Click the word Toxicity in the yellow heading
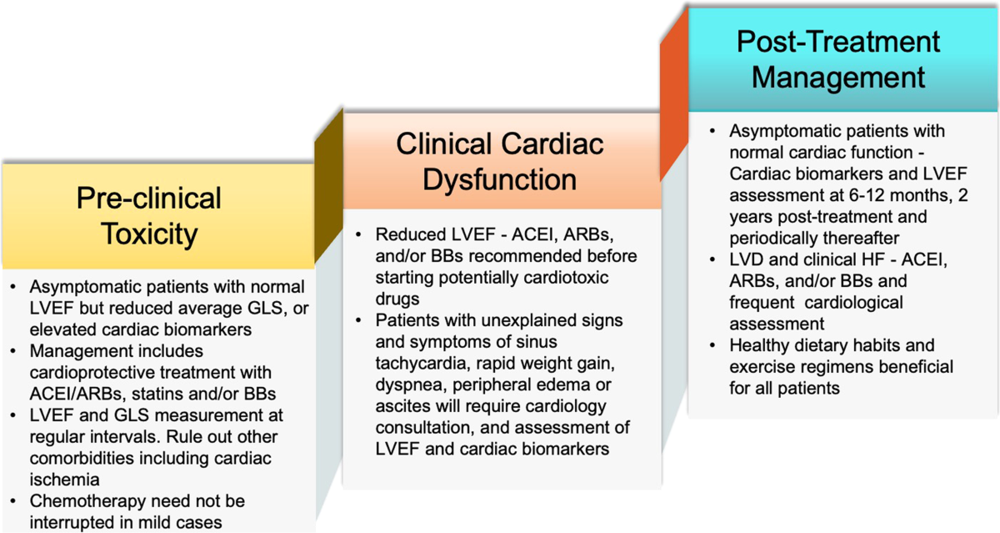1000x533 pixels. tap(149, 234)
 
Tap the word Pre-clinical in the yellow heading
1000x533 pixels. tap(149, 199)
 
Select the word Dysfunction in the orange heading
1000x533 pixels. tap(499, 179)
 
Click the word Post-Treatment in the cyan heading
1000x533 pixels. tap(838, 42)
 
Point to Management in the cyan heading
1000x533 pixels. tap(838, 78)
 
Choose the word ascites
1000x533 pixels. tap(402, 407)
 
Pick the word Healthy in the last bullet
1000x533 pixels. tap(759, 345)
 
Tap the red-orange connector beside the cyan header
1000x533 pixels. tap(673, 100)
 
